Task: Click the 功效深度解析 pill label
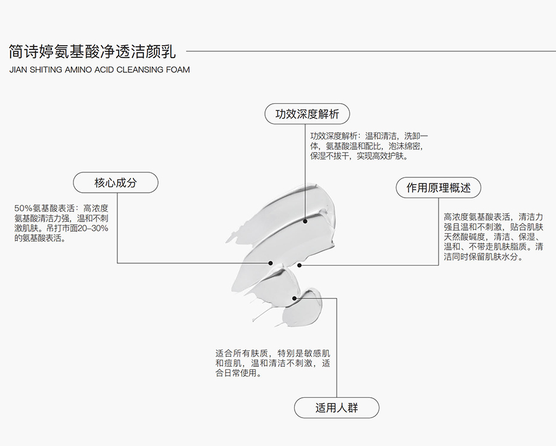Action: (307, 114)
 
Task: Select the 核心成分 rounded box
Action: (116, 183)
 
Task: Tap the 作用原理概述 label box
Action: (438, 188)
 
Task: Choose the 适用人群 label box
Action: (337, 408)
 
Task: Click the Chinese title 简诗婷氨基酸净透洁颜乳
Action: (92, 51)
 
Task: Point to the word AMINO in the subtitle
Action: (78, 69)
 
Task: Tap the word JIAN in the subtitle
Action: (18, 69)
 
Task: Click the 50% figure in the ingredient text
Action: (23, 208)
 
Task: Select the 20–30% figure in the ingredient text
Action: (93, 228)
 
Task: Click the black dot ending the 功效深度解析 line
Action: (305, 221)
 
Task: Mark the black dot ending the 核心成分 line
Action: (270, 263)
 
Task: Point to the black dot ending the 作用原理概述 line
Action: (299, 265)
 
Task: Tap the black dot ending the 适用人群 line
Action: (294, 298)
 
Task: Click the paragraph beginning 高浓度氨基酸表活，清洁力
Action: (493, 237)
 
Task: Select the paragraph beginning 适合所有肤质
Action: (272, 363)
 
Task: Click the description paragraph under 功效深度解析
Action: (369, 146)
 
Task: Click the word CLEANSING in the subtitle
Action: (140, 69)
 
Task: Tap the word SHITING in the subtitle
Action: (46, 69)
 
